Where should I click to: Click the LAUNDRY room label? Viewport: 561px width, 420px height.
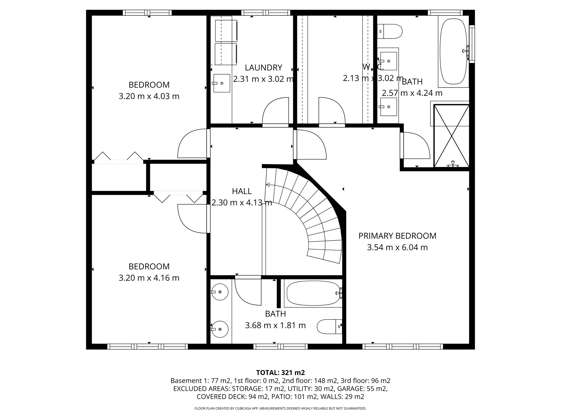(x=263, y=68)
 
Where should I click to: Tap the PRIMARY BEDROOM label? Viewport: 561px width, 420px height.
(x=397, y=236)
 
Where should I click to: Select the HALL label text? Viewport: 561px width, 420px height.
(x=242, y=191)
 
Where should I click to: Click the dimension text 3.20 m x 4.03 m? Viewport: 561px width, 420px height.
(x=149, y=96)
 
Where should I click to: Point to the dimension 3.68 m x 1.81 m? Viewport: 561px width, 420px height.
(x=275, y=325)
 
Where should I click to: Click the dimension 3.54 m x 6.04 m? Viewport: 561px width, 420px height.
(x=397, y=247)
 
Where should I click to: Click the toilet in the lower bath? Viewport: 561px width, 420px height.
(x=329, y=326)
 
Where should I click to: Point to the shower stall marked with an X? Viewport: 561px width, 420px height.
(x=452, y=136)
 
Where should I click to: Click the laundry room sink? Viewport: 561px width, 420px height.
(x=222, y=83)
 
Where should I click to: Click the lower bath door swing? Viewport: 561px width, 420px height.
(x=248, y=291)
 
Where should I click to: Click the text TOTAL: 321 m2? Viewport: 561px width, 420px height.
(x=280, y=373)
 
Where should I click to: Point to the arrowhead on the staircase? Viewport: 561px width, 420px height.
(x=268, y=185)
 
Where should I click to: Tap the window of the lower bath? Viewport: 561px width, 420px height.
(x=281, y=346)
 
